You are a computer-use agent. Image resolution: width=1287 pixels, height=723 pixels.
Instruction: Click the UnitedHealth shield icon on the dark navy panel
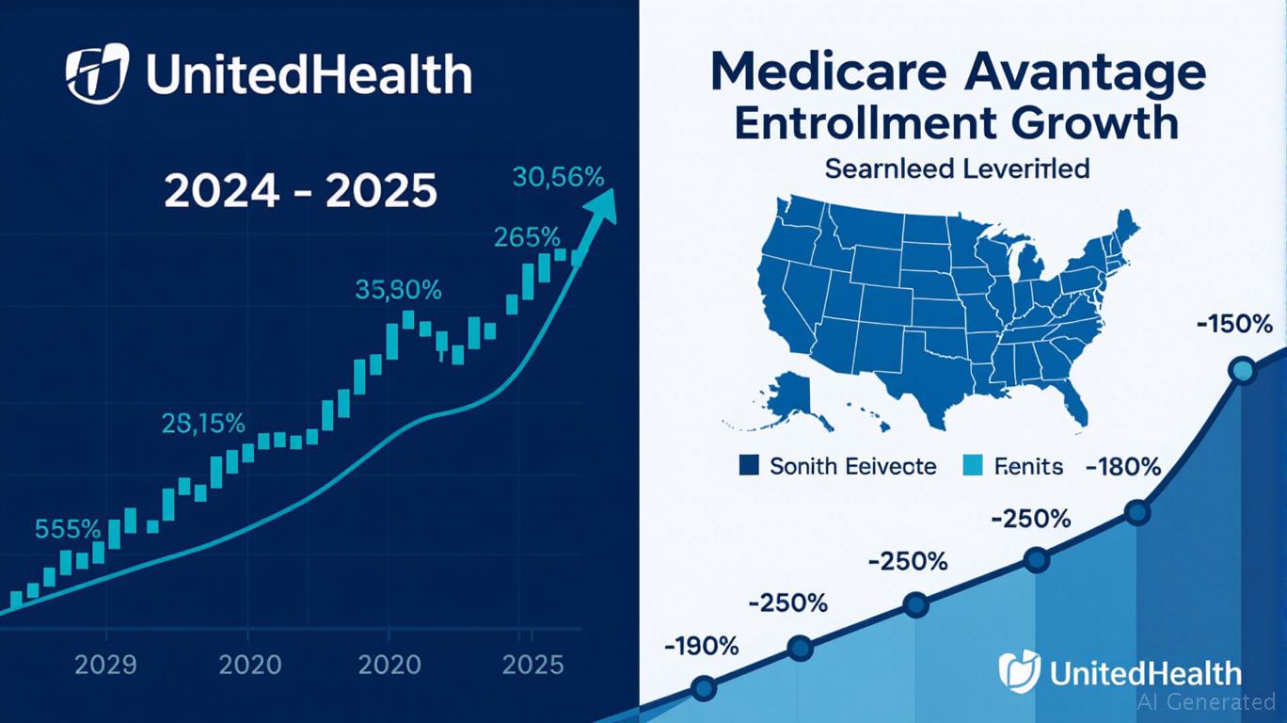(96, 72)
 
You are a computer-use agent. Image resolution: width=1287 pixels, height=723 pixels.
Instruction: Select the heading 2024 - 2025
(300, 191)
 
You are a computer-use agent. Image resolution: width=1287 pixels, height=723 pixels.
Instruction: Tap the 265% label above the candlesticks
(528, 237)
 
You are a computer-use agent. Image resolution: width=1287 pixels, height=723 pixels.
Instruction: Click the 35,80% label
(398, 290)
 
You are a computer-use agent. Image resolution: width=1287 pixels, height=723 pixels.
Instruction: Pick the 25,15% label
(203, 424)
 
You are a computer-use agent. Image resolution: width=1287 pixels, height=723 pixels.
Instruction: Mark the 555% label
(67, 528)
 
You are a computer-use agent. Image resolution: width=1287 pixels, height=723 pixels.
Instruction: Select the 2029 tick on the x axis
(105, 665)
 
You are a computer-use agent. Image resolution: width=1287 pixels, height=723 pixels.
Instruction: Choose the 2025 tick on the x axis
(532, 665)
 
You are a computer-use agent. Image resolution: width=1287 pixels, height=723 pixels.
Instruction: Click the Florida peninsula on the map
(1074, 405)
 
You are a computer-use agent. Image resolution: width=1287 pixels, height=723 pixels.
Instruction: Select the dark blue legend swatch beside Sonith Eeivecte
(750, 465)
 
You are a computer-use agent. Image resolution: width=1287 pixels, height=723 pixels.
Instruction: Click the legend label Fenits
(1028, 466)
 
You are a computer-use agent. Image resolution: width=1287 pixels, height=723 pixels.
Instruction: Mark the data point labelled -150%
(1243, 370)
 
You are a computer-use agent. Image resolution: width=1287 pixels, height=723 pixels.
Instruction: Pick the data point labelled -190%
(703, 687)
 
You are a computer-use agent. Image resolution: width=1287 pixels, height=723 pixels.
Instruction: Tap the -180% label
(1123, 467)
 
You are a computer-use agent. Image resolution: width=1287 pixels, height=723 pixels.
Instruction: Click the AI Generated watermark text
(1206, 701)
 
